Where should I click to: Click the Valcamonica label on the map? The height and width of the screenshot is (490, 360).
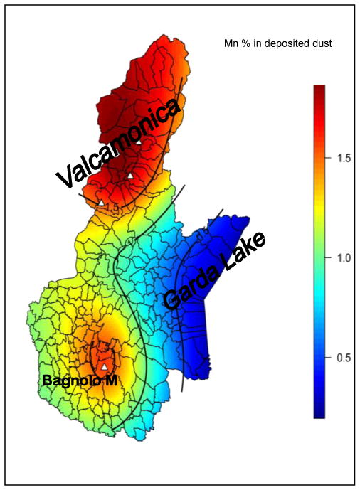click(118, 144)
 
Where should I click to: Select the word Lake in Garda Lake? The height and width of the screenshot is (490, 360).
click(244, 250)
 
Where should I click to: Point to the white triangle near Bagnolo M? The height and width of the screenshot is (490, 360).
click(105, 367)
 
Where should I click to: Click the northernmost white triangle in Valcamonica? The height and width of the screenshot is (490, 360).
click(139, 143)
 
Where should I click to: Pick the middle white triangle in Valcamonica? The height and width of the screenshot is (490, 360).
click(131, 175)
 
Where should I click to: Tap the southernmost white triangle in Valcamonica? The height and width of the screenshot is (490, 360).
click(101, 203)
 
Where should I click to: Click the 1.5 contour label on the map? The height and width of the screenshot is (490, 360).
click(112, 206)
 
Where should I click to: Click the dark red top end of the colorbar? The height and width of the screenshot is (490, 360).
click(319, 89)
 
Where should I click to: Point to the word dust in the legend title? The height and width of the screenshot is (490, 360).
click(322, 44)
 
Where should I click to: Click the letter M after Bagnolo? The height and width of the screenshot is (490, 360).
click(111, 381)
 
